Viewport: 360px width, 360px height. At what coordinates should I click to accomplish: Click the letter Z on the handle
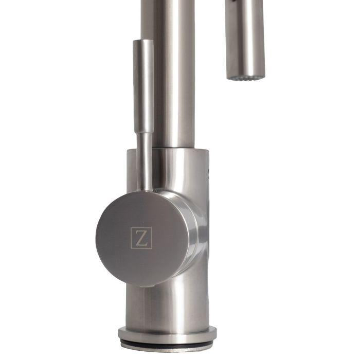pos(141,238)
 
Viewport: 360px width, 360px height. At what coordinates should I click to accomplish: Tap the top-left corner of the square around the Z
pos(131,228)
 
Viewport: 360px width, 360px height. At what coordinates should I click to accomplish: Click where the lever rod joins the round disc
pos(147,189)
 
